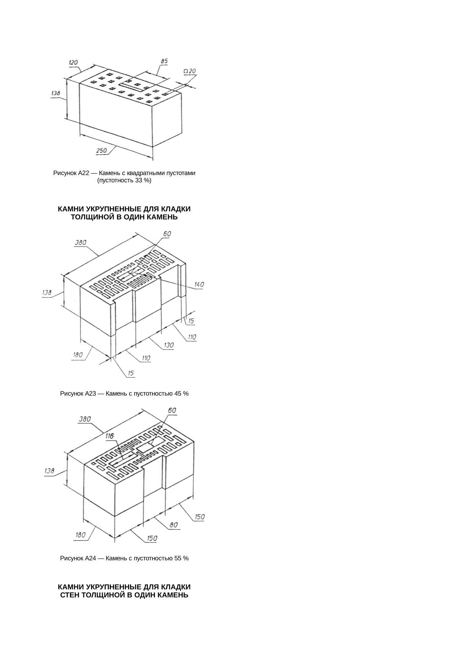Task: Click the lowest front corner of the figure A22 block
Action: (153, 147)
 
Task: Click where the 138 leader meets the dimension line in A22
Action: (67, 99)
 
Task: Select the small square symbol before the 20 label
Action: (185, 71)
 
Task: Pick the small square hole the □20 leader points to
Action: (165, 94)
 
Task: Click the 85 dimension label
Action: (164, 61)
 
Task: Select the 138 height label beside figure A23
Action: (47, 293)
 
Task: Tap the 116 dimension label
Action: (110, 436)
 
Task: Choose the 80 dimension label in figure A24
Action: (174, 525)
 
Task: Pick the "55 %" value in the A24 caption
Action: (181, 558)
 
